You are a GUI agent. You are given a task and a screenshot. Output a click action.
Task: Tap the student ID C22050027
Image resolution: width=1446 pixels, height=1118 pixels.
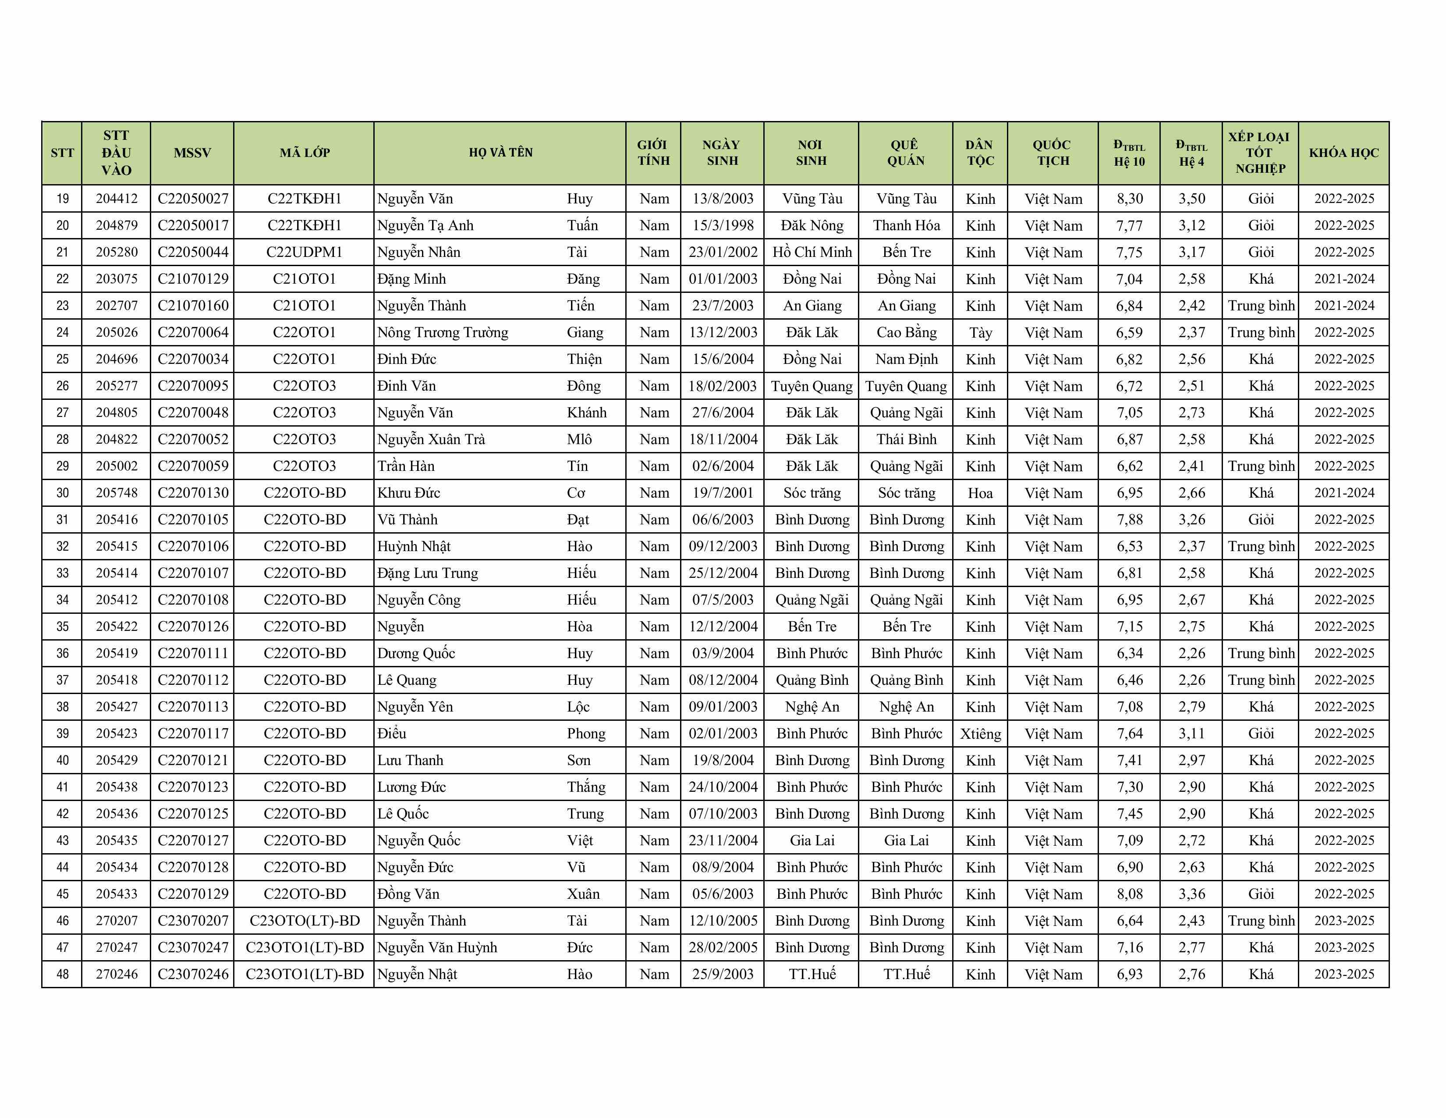pyautogui.click(x=193, y=199)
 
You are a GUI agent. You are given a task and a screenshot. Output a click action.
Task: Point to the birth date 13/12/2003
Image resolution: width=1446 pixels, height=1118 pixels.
pyautogui.click(x=722, y=332)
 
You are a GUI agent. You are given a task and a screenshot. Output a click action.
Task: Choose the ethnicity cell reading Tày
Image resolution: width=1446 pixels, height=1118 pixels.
pyautogui.click(x=980, y=332)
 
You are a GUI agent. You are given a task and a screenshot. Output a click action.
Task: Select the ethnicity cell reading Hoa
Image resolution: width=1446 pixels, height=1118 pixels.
pyautogui.click(x=980, y=493)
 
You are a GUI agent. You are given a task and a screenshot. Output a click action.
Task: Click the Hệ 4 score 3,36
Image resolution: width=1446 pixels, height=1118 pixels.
pyautogui.click(x=1191, y=894)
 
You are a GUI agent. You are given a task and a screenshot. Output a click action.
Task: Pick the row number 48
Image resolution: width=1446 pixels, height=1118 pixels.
pyautogui.click(x=62, y=974)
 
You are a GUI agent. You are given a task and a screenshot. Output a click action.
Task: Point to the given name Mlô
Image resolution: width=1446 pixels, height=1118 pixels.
pyautogui.click(x=579, y=439)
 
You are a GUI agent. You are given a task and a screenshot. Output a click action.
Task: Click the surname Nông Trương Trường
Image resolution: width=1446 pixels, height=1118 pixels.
pyautogui.click(x=442, y=332)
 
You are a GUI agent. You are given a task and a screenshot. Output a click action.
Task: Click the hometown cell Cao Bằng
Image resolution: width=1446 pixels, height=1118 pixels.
pyautogui.click(x=906, y=332)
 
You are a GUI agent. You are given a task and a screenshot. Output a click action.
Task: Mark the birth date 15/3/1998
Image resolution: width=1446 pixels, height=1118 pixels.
pyautogui.click(x=722, y=225)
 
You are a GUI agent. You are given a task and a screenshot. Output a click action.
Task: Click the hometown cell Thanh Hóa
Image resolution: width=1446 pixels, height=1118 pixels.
pyautogui.click(x=906, y=225)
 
